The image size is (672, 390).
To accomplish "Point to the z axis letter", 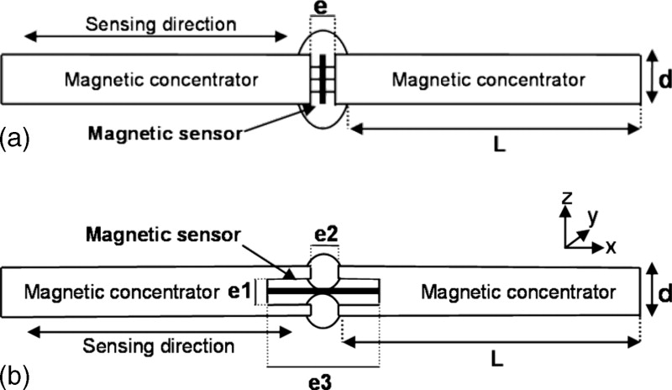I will (568, 198).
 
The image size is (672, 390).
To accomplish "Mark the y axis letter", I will (594, 217).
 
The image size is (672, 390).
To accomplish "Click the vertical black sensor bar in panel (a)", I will (322, 80).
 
